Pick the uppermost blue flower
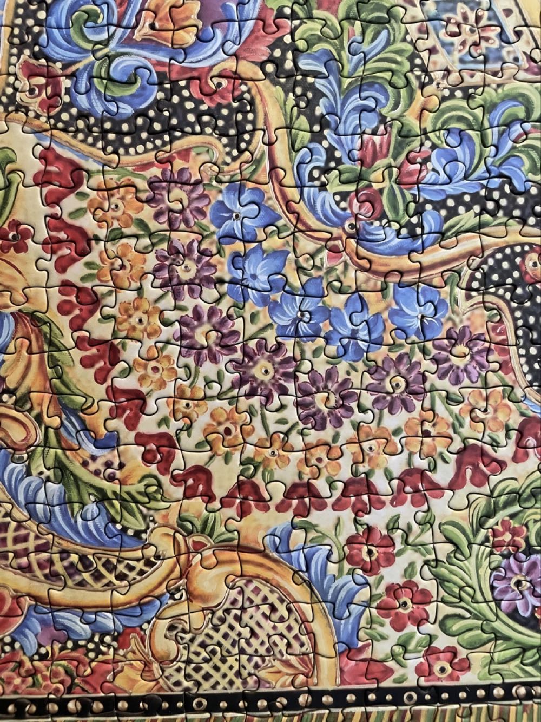click(236, 212)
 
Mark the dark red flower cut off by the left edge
click(12, 237)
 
